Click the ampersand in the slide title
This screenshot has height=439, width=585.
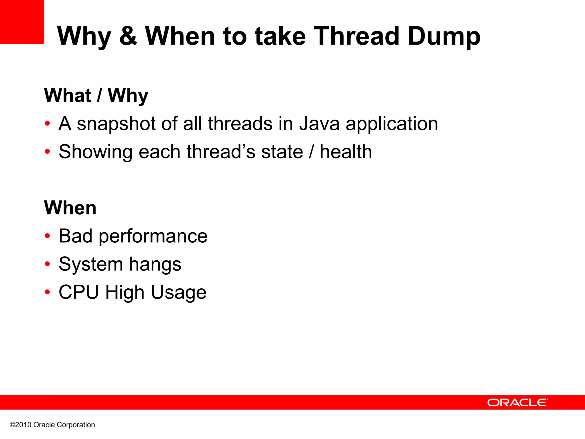pyautogui.click(x=128, y=36)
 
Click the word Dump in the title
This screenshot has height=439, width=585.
pyautogui.click(x=444, y=37)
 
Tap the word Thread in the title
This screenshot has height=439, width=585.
pyautogui.click(x=357, y=36)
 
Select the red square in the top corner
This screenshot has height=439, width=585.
pyautogui.click(x=22, y=22)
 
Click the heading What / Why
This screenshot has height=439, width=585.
pyautogui.click(x=96, y=95)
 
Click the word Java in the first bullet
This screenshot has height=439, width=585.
pyautogui.click(x=319, y=124)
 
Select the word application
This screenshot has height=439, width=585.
pyautogui.click(x=392, y=124)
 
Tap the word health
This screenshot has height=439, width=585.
pyautogui.click(x=346, y=151)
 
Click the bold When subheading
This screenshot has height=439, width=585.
pyautogui.click(x=70, y=208)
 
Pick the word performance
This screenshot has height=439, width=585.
pyautogui.click(x=153, y=237)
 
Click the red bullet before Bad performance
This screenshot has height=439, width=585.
pyautogui.click(x=47, y=236)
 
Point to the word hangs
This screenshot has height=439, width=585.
pyautogui.click(x=155, y=264)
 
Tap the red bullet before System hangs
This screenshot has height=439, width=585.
pyautogui.click(x=47, y=264)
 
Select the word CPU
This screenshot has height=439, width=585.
pyautogui.click(x=79, y=292)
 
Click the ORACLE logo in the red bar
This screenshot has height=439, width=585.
pyautogui.click(x=517, y=402)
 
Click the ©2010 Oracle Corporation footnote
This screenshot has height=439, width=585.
pyautogui.click(x=52, y=425)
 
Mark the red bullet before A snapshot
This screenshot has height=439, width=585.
pyautogui.click(x=47, y=124)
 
